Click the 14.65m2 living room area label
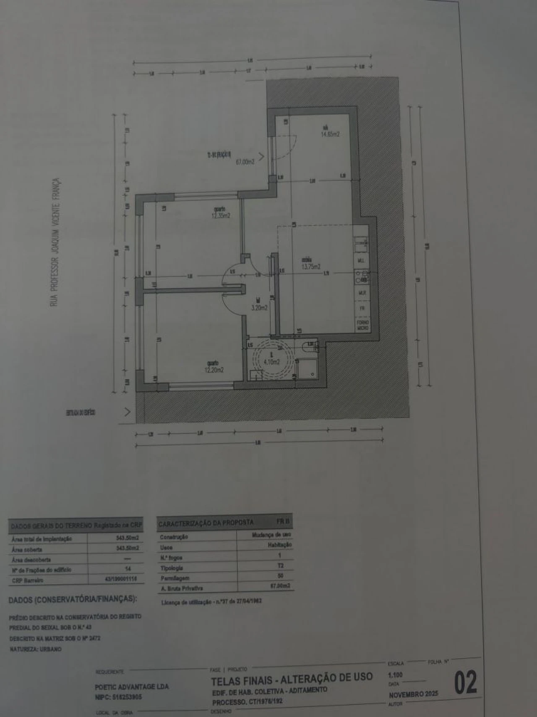[330, 134]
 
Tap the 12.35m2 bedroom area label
[221, 215]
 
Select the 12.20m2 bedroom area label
[214, 370]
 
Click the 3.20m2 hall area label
[259, 307]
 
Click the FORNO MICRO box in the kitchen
[363, 325]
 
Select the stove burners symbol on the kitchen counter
[361, 276]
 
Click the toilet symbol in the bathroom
[308, 347]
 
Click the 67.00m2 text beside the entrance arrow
[245, 161]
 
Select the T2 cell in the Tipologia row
[280, 566]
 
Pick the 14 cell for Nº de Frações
[128, 569]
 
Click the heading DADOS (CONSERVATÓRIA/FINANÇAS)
[72, 599]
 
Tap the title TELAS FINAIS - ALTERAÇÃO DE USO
[292, 678]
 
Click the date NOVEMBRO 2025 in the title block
[413, 694]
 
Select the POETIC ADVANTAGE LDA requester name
[132, 687]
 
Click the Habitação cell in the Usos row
[280, 545]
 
